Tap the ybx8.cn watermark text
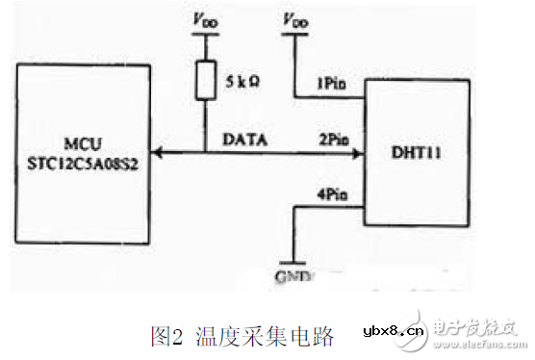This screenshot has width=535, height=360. (393, 333)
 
